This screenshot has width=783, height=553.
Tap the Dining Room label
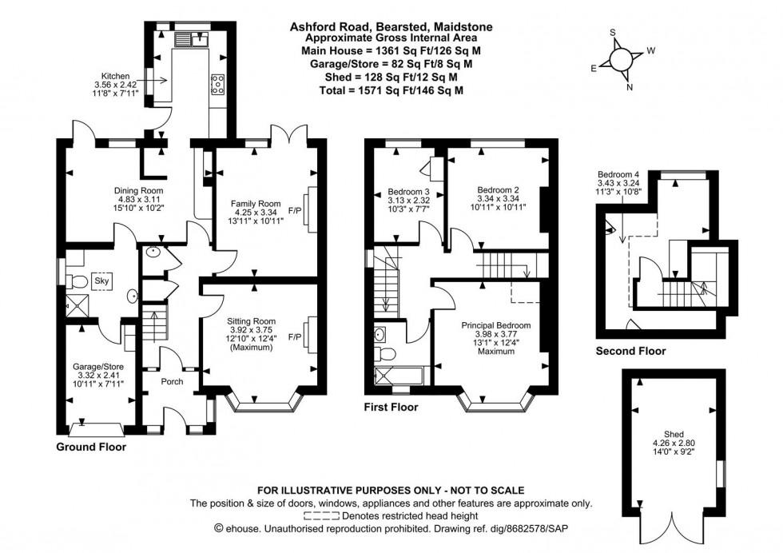(138, 190)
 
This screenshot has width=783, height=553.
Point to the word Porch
(172, 381)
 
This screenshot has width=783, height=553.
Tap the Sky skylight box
(101, 280)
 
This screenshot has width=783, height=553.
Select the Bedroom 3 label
(408, 193)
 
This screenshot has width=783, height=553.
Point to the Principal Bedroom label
(495, 326)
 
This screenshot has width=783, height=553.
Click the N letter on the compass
(630, 88)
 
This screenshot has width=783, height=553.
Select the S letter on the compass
(613, 34)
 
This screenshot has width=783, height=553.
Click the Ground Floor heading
(91, 448)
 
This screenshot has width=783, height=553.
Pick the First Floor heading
(391, 408)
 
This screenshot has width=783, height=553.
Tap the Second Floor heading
(630, 351)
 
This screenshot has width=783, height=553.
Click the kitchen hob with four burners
(217, 82)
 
